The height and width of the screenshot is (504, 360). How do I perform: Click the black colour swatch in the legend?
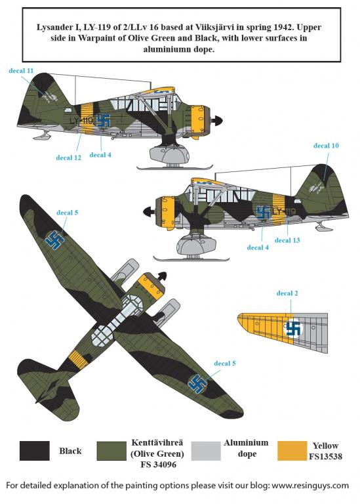pyautogui.click(x=34, y=450)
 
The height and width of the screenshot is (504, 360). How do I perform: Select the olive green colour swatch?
pyautogui.click(x=111, y=450)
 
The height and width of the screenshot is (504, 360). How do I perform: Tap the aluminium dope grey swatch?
pyautogui.click(x=206, y=450)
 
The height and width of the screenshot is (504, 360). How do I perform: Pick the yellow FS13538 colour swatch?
pyautogui.click(x=292, y=450)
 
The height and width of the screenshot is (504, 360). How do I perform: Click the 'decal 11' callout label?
pyautogui.click(x=21, y=71)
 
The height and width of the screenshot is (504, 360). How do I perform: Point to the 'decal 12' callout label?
pyautogui.click(x=68, y=157)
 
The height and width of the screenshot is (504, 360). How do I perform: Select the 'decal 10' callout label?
pyautogui.click(x=326, y=146)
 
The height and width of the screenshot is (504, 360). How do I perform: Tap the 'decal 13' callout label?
pyautogui.click(x=287, y=240)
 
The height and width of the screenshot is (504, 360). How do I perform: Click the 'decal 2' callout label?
pyautogui.click(x=287, y=293)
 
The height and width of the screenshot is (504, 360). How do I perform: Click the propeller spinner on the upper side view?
pyautogui.click(x=218, y=121)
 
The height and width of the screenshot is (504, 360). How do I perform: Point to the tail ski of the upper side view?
pyautogui.click(x=42, y=136)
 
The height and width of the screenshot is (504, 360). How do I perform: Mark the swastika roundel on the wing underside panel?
pyautogui.click(x=294, y=328)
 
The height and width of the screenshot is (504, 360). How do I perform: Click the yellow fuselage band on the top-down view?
pyautogui.click(x=79, y=359)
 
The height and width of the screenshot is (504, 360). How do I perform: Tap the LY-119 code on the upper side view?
pyautogui.click(x=81, y=121)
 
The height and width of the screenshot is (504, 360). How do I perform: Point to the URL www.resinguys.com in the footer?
pyautogui.click(x=310, y=485)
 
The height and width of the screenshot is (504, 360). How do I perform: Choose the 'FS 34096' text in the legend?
pyautogui.click(x=158, y=465)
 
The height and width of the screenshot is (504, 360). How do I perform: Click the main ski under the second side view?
pyautogui.click(x=191, y=259)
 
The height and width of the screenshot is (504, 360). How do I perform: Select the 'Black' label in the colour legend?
pyautogui.click(x=70, y=451)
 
